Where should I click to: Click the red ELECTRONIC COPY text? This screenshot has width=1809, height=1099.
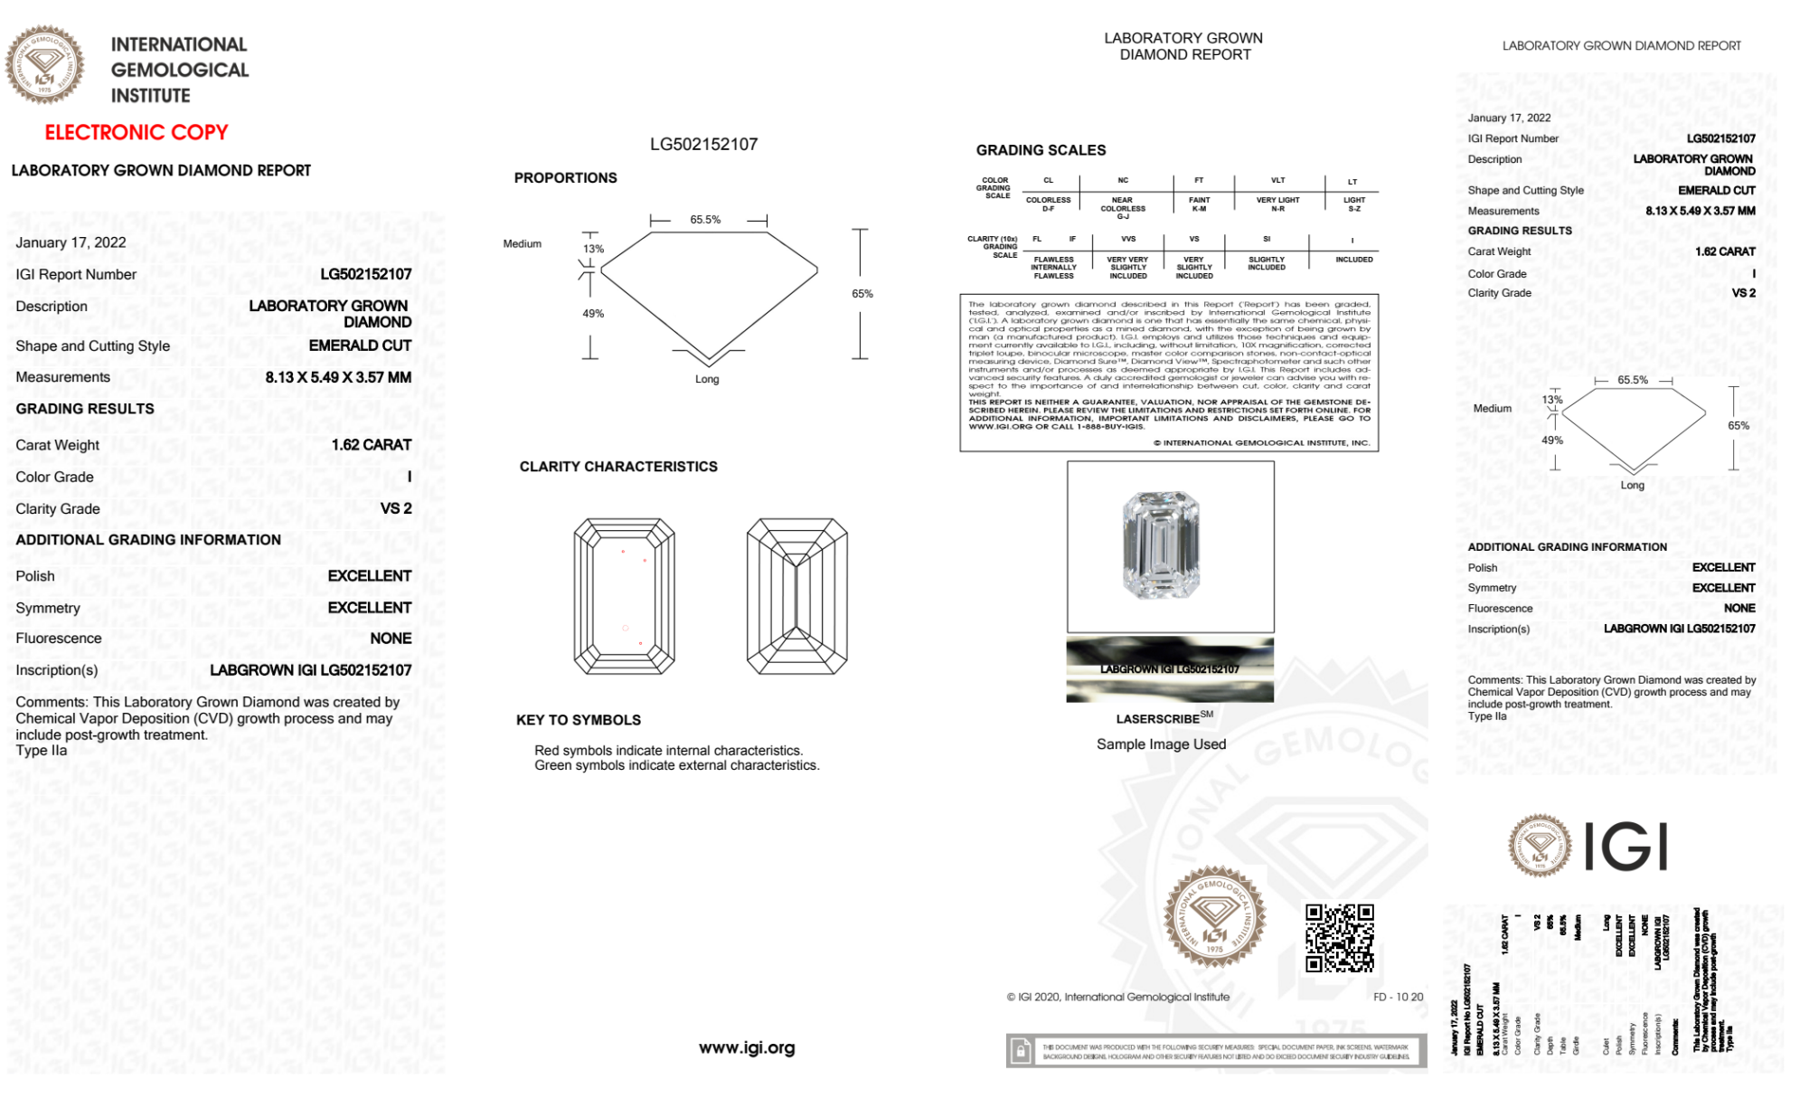137,132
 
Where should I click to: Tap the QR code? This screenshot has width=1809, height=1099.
1339,937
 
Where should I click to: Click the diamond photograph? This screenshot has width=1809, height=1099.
1162,545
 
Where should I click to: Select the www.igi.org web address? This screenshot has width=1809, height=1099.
747,1047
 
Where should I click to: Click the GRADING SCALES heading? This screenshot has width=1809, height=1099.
1041,150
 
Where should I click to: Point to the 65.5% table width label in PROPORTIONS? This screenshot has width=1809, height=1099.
705,220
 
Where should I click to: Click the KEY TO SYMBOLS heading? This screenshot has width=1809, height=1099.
579,720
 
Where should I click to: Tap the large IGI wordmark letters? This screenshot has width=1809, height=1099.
1626,848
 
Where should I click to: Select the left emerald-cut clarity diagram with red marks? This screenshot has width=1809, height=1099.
624,596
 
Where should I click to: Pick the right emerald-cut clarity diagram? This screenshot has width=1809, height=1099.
796,596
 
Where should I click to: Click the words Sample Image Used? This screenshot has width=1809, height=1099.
1161,744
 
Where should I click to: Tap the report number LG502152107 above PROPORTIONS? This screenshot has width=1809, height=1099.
703,144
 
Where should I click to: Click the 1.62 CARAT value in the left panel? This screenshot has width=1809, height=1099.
371,445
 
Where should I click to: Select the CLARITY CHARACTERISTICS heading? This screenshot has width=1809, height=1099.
618,467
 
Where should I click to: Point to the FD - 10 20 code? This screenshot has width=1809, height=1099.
1398,997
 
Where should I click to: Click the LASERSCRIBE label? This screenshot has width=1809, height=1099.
1158,719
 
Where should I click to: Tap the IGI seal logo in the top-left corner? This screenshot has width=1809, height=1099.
44,64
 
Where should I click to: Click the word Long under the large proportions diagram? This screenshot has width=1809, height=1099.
707,379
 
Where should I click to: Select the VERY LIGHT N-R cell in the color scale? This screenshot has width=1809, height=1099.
1277,204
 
